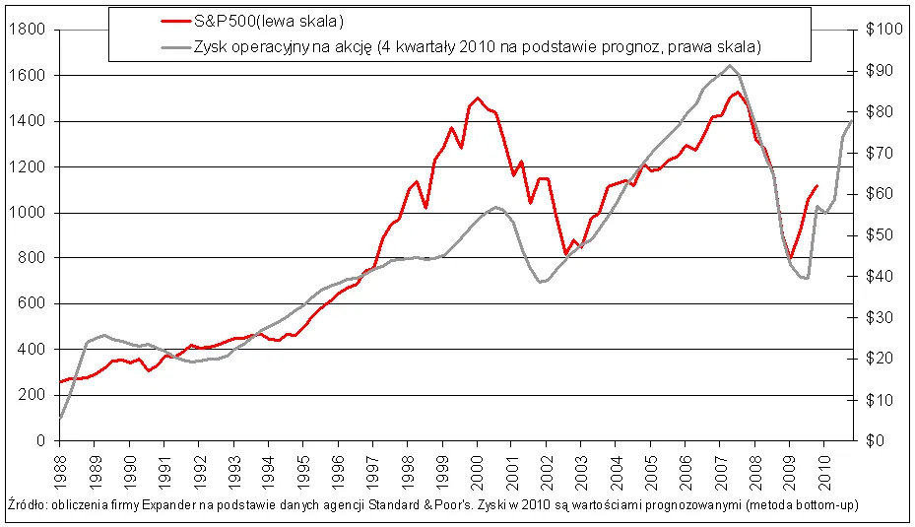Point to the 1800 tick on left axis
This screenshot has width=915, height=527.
click(27, 30)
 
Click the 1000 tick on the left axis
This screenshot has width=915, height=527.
click(27, 213)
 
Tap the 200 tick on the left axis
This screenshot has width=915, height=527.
click(33, 395)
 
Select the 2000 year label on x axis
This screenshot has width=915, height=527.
click(477, 465)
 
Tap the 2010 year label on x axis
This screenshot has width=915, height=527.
click(823, 465)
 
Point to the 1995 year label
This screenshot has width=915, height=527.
click(303, 465)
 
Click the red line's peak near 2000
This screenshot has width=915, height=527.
click(478, 98)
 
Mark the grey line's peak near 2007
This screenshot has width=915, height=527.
click(730, 66)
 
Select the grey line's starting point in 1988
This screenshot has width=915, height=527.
click(61, 418)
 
